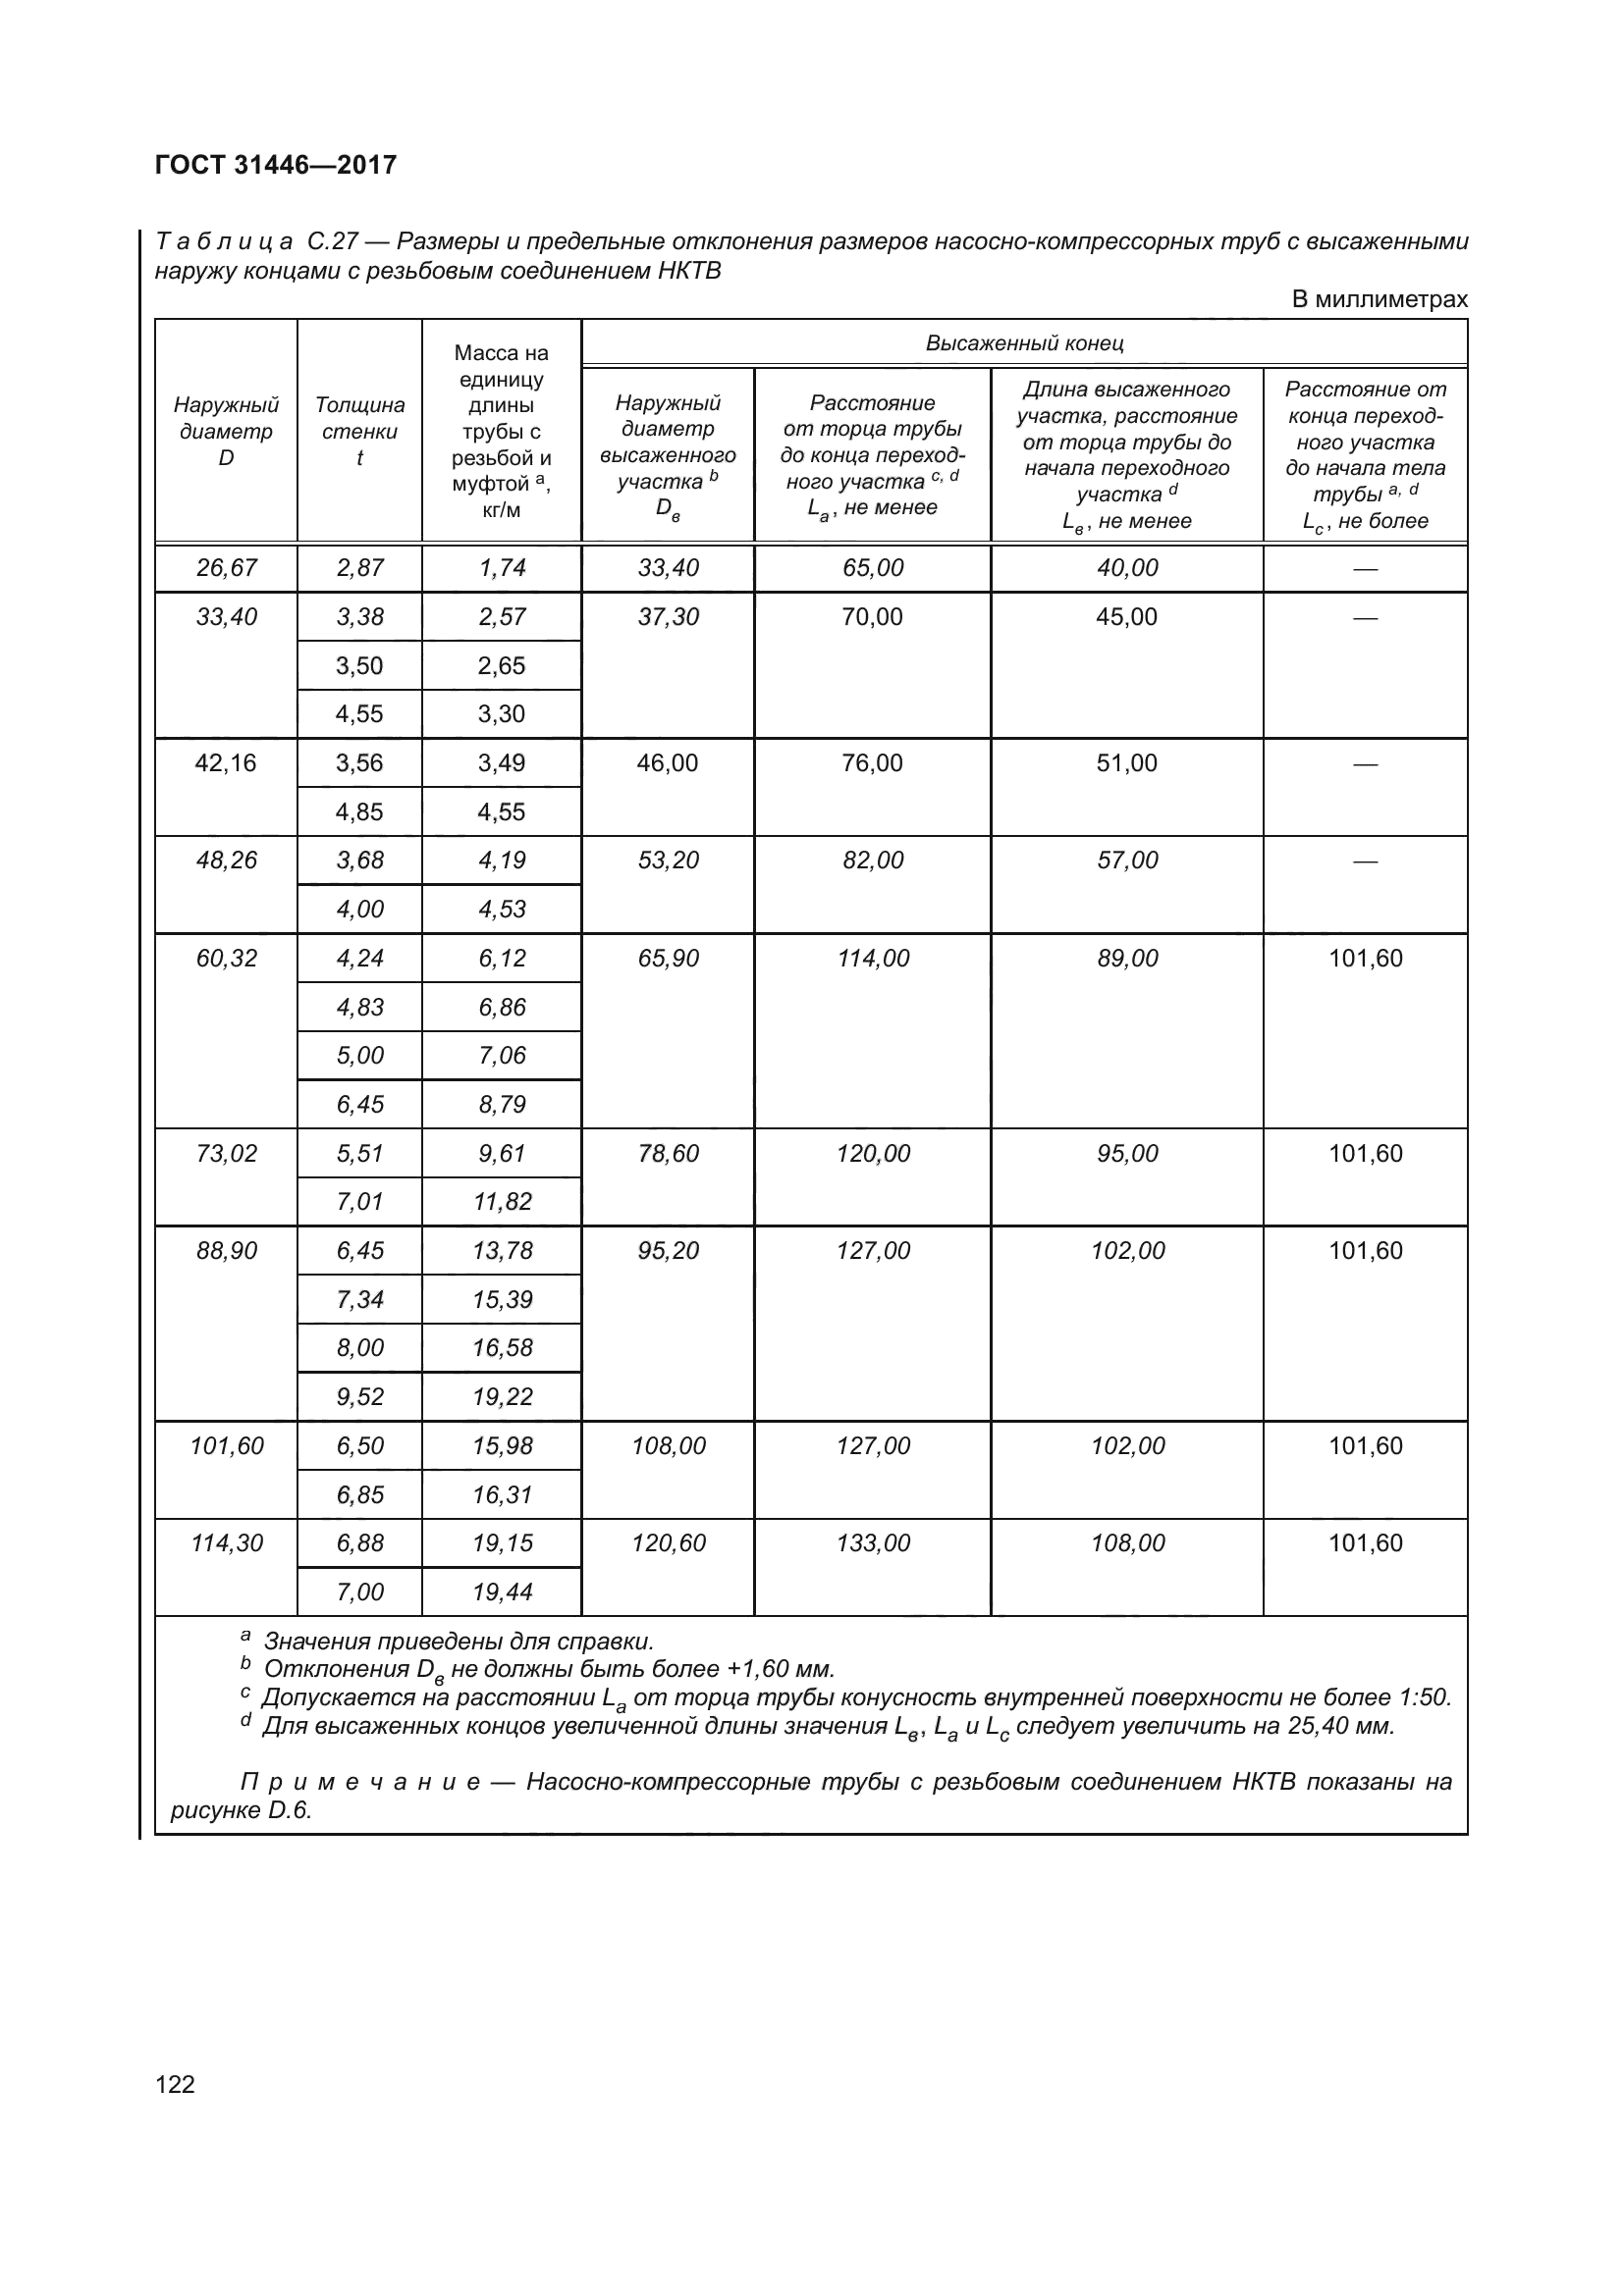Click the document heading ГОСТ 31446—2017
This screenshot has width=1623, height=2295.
(x=276, y=165)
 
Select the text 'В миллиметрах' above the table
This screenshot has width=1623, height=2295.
(x=1379, y=300)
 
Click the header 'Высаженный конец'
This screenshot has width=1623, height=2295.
(x=1024, y=343)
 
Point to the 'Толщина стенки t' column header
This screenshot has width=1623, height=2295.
(x=359, y=432)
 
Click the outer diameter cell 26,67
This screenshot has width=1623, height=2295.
(x=226, y=569)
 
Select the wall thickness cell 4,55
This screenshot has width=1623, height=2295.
(x=359, y=714)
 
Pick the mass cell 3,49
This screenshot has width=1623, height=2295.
(x=501, y=763)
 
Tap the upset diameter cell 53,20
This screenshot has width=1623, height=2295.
(x=668, y=861)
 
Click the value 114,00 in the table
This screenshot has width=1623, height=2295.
(x=873, y=959)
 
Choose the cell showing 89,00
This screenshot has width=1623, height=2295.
(x=1127, y=959)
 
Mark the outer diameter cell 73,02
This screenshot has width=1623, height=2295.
(x=226, y=1154)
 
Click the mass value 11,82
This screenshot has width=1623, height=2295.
(x=502, y=1202)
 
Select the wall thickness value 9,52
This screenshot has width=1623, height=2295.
(x=359, y=1396)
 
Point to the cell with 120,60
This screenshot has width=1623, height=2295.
(x=668, y=1542)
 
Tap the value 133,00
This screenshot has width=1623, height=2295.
(x=873, y=1542)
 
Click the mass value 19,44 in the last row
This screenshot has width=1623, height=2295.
(x=502, y=1591)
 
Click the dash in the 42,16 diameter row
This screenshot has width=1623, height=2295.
(x=1365, y=764)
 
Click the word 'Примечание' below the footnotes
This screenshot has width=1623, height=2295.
(x=359, y=1782)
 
